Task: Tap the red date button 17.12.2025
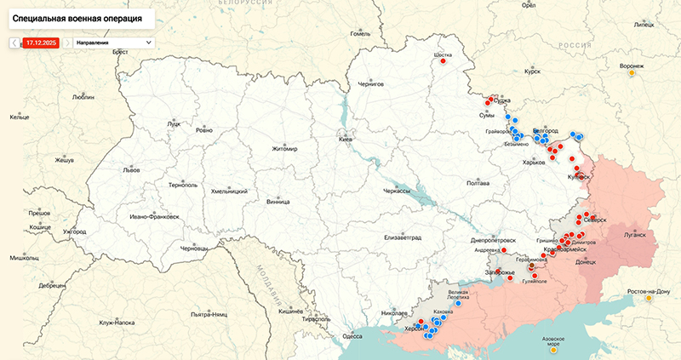tap(41, 42)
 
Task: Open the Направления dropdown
tap(113, 42)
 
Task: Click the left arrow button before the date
tap(14, 42)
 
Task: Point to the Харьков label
tap(534, 162)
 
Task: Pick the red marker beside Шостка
tap(443, 61)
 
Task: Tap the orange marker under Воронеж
tap(632, 73)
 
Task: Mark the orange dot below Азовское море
tap(554, 349)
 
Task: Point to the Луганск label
tap(635, 233)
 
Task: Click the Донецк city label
tap(586, 262)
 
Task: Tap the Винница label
tap(278, 202)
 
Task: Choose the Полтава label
tap(478, 183)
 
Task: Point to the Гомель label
tap(361, 33)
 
